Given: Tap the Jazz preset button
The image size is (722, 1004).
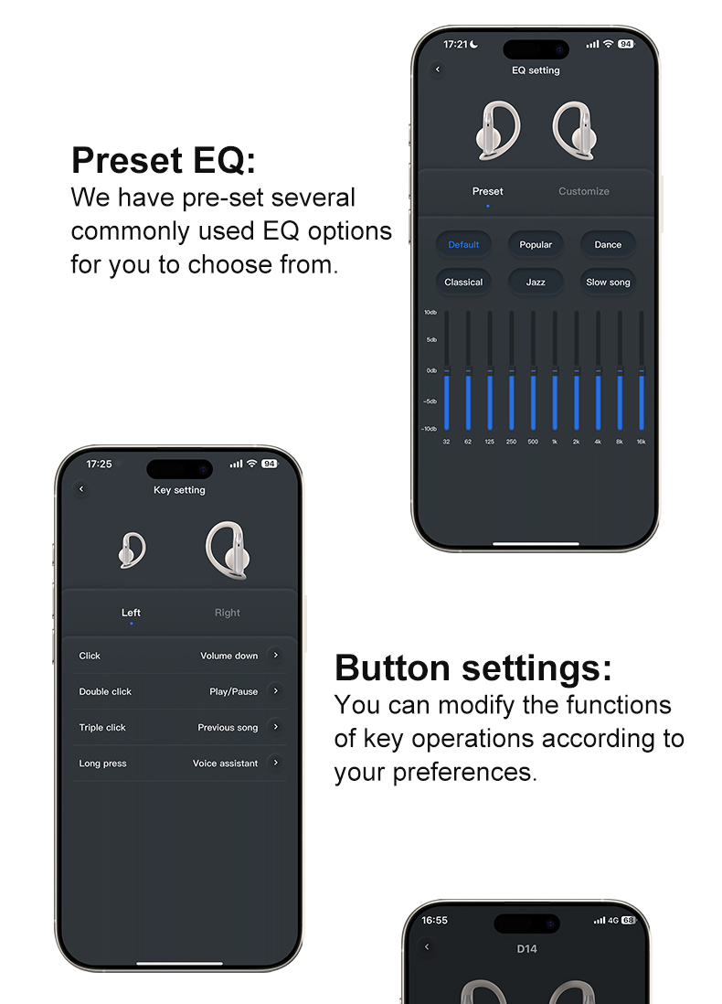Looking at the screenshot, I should coord(536,283).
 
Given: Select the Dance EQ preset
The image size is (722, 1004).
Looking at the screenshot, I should coord(608,245).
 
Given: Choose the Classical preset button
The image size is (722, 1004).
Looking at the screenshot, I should coord(463,283).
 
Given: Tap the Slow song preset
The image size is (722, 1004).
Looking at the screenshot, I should coord(608,283).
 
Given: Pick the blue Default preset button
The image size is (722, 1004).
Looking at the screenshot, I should coord(463,245).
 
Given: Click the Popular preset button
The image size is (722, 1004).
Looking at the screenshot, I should coord(536,245).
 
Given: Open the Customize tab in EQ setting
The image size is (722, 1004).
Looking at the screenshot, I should coord(583,191).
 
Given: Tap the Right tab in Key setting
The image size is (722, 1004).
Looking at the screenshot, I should coord(228,613).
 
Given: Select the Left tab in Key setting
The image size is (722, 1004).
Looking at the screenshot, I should coord(131,613).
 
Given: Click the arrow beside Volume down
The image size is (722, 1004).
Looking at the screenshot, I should coord(275,655).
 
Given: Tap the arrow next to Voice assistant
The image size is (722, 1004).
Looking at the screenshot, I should coord(275,763).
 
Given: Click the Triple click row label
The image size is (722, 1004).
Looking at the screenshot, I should coord(102,728).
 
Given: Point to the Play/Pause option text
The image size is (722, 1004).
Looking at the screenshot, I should coord(233,692).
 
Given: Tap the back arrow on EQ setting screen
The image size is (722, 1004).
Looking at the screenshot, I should coord(438,69).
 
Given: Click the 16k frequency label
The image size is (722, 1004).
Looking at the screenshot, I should coord(641,442).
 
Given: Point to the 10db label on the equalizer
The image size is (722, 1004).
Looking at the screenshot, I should coord(430,313).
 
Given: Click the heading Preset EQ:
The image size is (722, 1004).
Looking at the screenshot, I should coord(164,161).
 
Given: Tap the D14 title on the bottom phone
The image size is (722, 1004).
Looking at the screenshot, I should coord(526,949).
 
